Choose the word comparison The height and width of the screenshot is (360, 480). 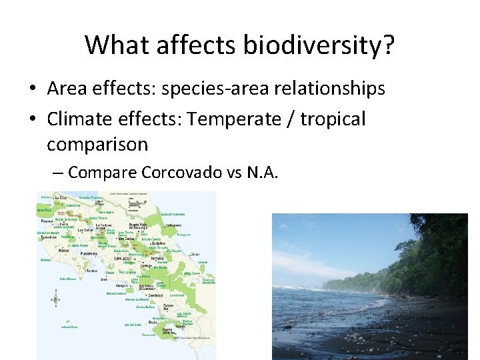(x=97, y=144)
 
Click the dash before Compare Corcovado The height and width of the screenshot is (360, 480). (x=58, y=173)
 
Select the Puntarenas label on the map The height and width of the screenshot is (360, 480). (x=87, y=253)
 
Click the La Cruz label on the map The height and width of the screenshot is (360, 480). (x=61, y=197)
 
